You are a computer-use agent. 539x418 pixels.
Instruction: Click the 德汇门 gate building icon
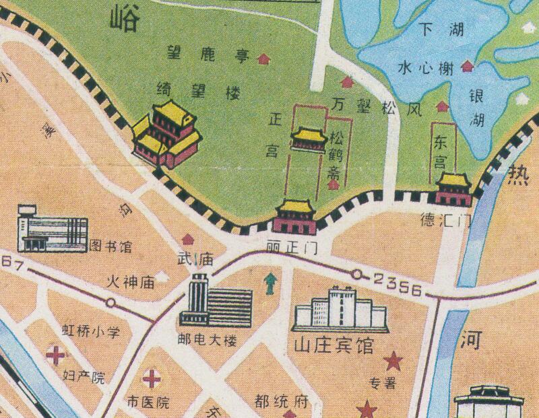click(453, 189)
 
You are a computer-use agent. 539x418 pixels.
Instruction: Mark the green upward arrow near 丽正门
click(271, 283)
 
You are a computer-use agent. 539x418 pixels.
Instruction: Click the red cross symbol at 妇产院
click(56, 354)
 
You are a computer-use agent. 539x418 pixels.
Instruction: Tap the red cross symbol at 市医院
click(152, 380)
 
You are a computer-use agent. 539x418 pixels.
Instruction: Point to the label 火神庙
click(131, 283)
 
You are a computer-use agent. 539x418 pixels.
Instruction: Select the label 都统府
click(282, 403)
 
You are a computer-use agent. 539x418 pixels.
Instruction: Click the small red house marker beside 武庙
click(187, 239)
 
